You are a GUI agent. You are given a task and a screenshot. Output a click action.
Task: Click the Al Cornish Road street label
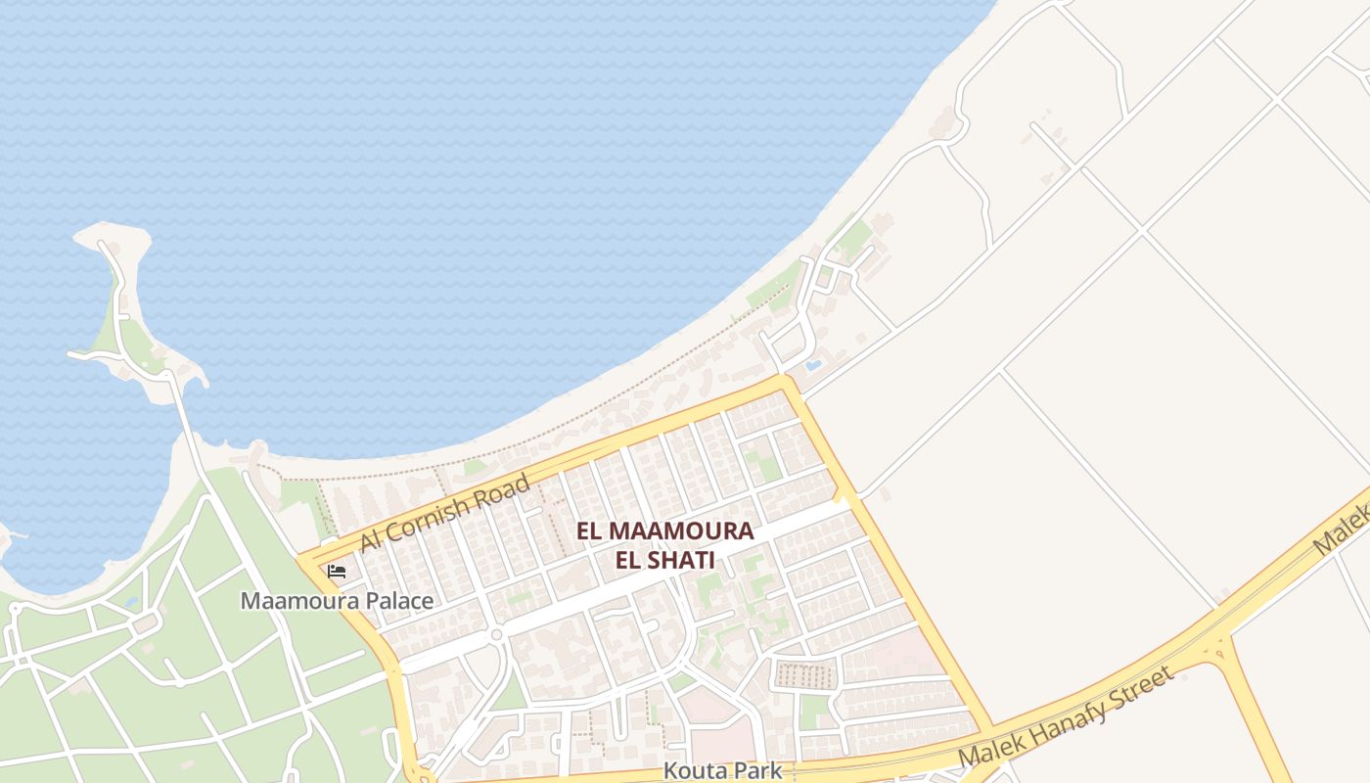click(445, 512)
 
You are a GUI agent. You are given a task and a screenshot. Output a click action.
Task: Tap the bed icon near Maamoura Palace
click(337, 571)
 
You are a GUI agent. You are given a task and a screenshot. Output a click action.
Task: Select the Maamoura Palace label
click(337, 601)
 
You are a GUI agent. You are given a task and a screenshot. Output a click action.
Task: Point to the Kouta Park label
click(722, 770)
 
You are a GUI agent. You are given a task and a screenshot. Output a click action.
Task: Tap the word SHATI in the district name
click(678, 561)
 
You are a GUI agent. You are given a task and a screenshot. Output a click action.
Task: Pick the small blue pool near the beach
click(812, 366)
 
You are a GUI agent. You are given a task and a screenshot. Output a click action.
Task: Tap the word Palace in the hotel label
click(399, 601)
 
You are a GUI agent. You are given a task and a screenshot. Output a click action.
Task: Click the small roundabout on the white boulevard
click(496, 635)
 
